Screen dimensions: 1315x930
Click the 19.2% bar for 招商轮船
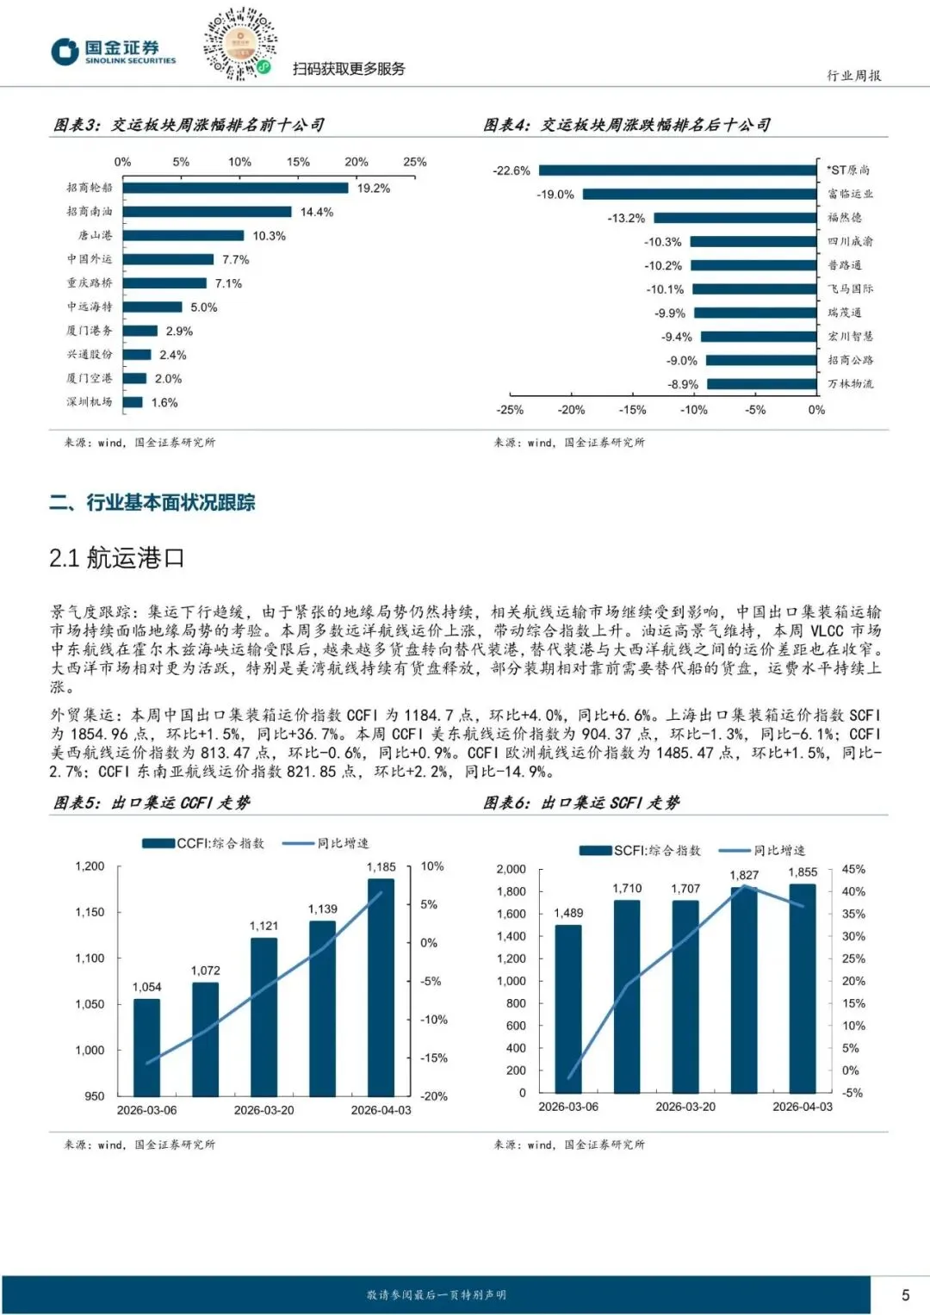(x=235, y=188)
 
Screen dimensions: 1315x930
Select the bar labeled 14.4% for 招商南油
(x=207, y=212)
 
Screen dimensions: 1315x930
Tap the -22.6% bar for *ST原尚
(x=678, y=171)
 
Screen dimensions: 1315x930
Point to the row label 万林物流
(x=850, y=384)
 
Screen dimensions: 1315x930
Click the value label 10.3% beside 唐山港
(x=269, y=236)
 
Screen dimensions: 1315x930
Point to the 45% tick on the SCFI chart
(x=853, y=870)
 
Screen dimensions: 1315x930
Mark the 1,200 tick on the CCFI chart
(x=90, y=866)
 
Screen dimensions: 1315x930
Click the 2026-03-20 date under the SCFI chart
(x=685, y=1107)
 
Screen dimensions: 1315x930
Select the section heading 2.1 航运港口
(x=117, y=558)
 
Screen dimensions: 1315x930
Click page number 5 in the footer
(x=905, y=1295)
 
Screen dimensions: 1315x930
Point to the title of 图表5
(x=152, y=803)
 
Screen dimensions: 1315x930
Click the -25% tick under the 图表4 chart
(x=510, y=410)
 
